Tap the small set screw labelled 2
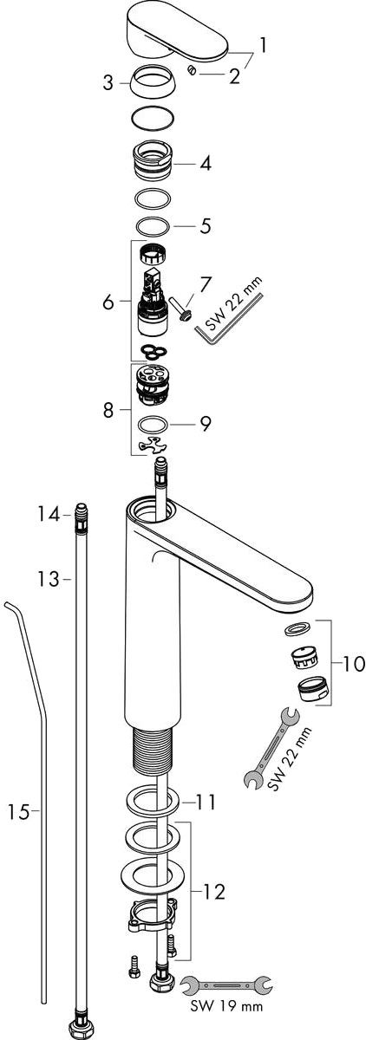(192, 70)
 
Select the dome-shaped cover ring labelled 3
(152, 82)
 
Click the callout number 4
(206, 163)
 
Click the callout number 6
(108, 302)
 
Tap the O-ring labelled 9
(154, 425)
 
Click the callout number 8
(108, 409)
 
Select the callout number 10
(354, 664)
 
